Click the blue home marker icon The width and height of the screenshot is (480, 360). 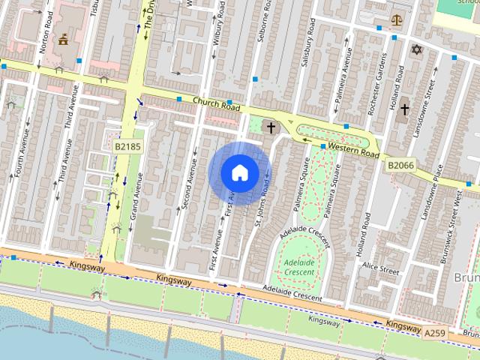tap(239, 172)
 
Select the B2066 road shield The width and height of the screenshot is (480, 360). tap(400, 163)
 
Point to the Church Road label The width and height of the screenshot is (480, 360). tap(215, 106)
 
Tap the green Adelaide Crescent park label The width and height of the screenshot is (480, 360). tap(299, 267)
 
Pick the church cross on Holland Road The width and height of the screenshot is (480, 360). tap(404, 109)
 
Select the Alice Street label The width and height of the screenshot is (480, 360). tap(379, 268)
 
